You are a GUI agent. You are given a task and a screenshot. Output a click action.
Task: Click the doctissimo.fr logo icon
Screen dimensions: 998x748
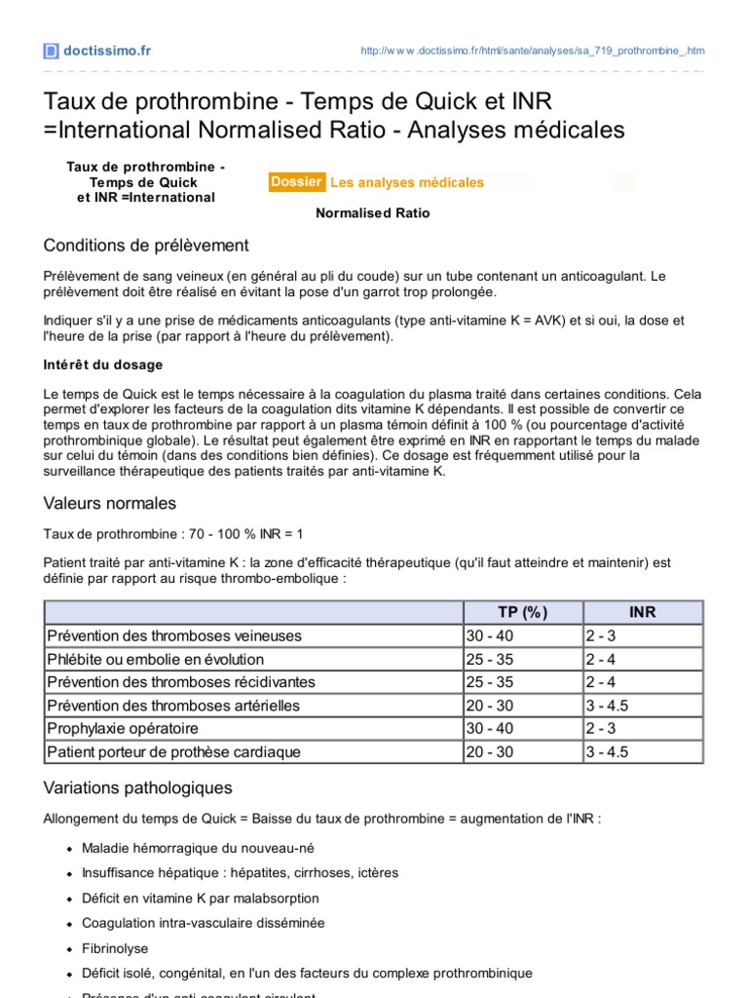click(x=51, y=51)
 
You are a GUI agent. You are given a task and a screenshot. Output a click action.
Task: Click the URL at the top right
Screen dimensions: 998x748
click(x=532, y=51)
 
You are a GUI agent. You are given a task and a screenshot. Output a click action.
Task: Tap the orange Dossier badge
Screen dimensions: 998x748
click(x=296, y=182)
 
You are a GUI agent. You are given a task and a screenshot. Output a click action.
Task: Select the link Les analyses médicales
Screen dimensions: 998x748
click(x=406, y=182)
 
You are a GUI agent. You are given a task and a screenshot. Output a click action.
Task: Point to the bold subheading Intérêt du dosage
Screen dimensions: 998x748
click(x=103, y=365)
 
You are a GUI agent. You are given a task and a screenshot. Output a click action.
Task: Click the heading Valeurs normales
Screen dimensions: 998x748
click(x=110, y=503)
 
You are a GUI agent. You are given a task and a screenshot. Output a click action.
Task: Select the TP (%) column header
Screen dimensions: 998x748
click(x=522, y=612)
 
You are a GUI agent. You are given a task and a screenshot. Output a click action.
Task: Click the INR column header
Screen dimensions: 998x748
click(x=642, y=612)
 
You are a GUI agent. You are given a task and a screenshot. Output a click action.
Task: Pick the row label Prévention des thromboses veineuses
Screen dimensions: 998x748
click(x=174, y=635)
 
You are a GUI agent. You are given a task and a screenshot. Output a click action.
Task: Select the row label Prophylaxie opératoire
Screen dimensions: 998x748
click(x=123, y=729)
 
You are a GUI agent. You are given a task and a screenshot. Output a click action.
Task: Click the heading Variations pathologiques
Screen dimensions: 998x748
click(x=138, y=787)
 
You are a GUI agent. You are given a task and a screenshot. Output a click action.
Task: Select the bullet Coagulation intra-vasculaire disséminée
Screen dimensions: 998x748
click(x=204, y=922)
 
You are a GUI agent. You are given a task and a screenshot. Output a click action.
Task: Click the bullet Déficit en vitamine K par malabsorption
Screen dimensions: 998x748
click(x=200, y=898)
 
